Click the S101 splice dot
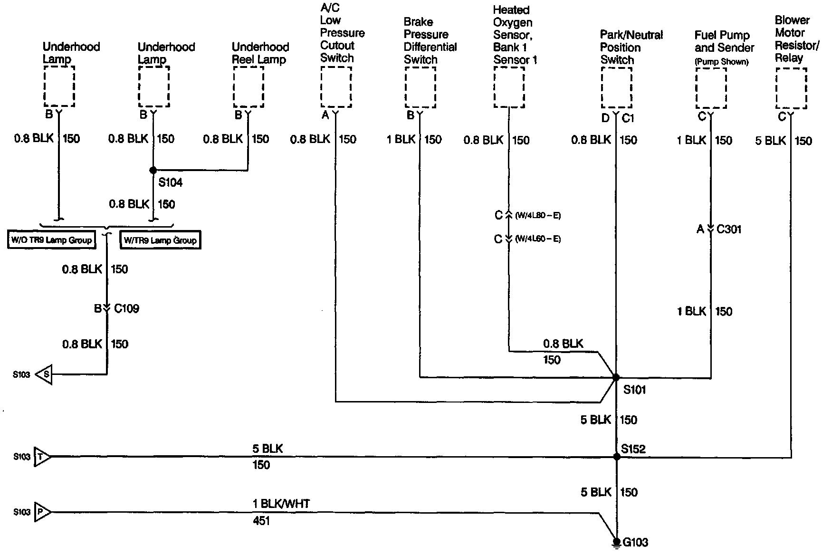tap(616, 377)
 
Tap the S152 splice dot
tap(617, 457)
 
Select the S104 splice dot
tap(153, 170)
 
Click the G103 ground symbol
tap(617, 542)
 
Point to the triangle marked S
tap(44, 374)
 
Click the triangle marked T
tap(42, 457)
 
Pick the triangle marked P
tap(42, 512)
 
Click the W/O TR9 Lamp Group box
tap(51, 239)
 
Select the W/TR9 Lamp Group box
tap(160, 240)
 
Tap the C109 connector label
tap(126, 309)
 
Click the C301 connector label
tap(729, 230)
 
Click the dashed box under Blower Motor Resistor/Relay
tap(791, 88)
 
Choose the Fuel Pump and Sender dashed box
tap(711, 88)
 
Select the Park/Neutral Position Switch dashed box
tap(617, 88)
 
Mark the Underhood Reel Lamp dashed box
tap(248, 87)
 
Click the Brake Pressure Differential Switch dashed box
tap(421, 87)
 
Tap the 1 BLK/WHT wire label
tap(281, 504)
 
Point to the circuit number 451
tap(261, 521)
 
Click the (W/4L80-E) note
tap(538, 216)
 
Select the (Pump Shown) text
tap(721, 62)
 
